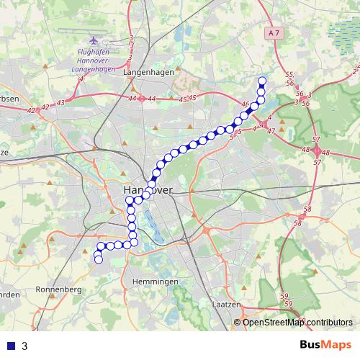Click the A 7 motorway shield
[273, 33]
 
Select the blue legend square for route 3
[11, 346]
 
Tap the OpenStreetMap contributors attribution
[297, 322]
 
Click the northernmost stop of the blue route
[262, 81]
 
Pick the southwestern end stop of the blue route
[99, 260]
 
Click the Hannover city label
[143, 189]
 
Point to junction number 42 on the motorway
[30, 110]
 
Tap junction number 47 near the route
[271, 131]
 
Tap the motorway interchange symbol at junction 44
[142, 98]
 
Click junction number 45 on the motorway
[182, 99]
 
